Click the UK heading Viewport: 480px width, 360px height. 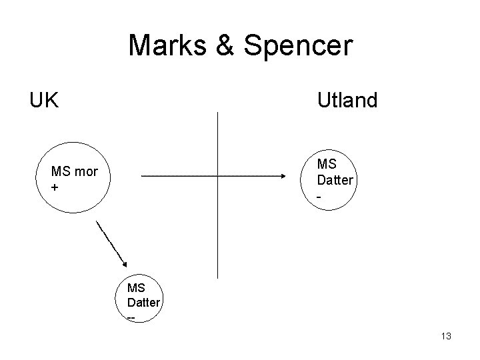coord(44,101)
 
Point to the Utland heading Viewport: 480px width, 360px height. coord(347,101)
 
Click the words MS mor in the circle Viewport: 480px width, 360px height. coord(75,172)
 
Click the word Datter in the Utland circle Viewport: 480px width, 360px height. coord(335,180)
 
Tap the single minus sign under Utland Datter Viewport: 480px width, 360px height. coord(321,195)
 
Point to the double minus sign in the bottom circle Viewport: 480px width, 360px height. coord(131,317)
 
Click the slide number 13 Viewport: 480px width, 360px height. coord(446,337)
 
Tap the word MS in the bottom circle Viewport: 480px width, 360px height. coord(136,288)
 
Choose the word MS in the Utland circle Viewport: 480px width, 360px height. coord(327,164)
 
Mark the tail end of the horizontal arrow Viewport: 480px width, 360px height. coord(143,176)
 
